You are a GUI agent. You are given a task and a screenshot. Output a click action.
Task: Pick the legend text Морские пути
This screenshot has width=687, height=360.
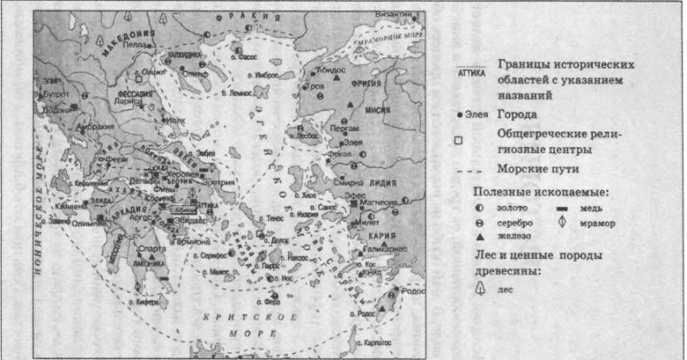tap(537, 169)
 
